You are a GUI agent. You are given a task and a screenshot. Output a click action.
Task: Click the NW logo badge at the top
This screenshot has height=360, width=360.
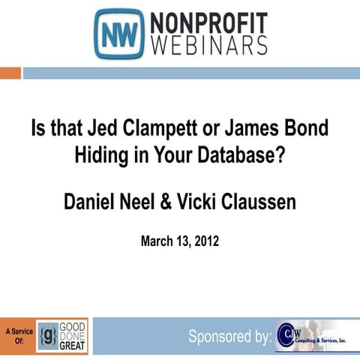(118, 34)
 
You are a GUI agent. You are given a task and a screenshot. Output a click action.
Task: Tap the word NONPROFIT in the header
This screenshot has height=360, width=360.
(207, 21)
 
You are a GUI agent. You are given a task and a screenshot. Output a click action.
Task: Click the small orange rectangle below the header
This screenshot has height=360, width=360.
(10, 73)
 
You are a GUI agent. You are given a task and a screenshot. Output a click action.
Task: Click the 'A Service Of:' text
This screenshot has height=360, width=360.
(17, 334)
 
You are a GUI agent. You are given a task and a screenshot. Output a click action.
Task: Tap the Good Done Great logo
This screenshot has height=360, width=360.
(62, 335)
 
